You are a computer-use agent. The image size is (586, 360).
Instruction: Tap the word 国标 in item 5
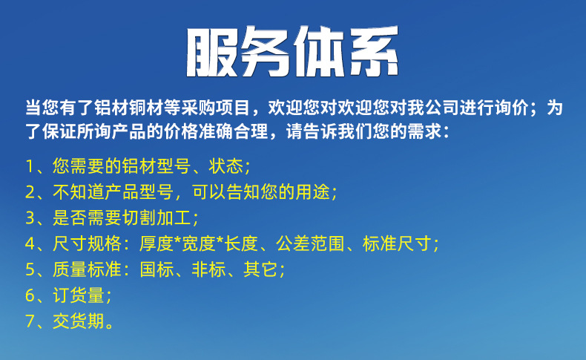(157, 269)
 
